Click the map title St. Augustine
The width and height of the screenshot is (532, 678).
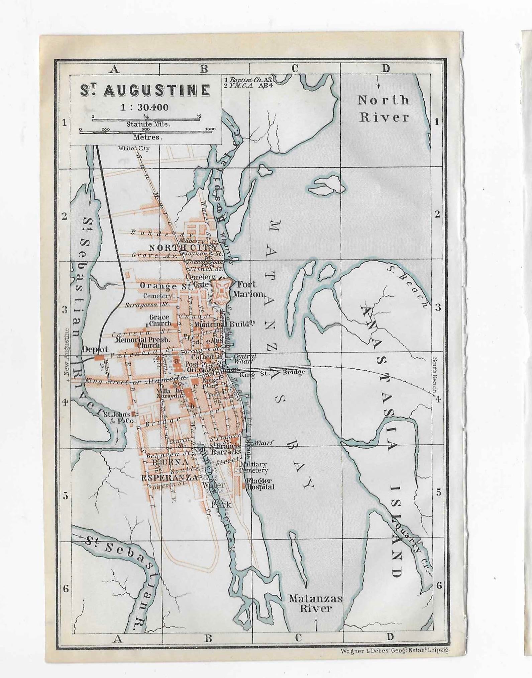pos(144,91)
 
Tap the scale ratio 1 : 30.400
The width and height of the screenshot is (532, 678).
pos(144,108)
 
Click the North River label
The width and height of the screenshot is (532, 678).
pos(384,108)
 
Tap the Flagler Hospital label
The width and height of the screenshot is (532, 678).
pos(260,484)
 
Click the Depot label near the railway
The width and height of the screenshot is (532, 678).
pos(95,350)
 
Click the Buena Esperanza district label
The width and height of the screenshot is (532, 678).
pos(169,470)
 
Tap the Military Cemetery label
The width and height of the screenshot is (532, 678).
pos(253,467)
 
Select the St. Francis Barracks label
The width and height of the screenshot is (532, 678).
pos(225,449)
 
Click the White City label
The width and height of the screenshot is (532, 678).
pos(134,148)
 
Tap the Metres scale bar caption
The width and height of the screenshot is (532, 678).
pos(147,137)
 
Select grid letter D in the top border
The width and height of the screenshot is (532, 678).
pos(386,69)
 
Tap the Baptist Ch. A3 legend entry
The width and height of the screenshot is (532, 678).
pos(248,80)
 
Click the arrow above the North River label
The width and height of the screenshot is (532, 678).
pos(378,82)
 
